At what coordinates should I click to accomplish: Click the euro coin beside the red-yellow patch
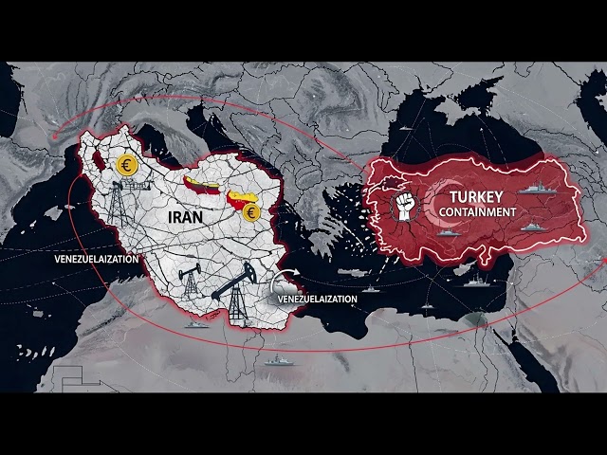(251, 212)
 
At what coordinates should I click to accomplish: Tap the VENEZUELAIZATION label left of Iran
(95, 258)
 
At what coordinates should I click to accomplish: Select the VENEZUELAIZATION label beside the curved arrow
(317, 299)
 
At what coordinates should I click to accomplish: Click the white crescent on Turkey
(438, 204)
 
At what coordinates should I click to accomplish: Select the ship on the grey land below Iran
(277, 360)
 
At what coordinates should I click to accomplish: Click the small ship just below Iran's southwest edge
(196, 324)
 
